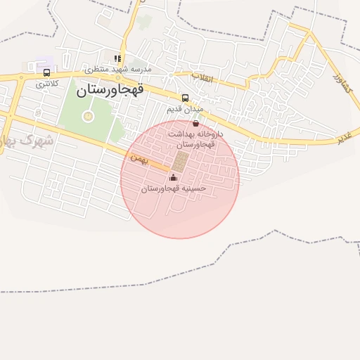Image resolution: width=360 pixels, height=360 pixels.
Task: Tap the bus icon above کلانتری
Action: point(46,72)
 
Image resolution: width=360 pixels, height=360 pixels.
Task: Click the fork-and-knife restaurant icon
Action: point(118,58)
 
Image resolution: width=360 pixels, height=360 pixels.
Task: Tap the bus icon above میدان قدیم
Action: point(185,98)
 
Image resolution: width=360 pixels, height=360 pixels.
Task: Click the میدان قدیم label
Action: point(185,110)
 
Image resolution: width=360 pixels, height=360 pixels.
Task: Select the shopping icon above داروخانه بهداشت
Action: point(195,123)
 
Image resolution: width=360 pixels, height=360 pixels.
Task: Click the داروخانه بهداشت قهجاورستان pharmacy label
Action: point(195,138)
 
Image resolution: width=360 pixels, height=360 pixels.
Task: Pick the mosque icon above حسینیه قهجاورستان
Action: point(173,177)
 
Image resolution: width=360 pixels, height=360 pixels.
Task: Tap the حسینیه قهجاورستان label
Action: point(173,188)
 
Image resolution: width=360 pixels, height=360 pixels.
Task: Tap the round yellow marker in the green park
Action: point(88,116)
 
